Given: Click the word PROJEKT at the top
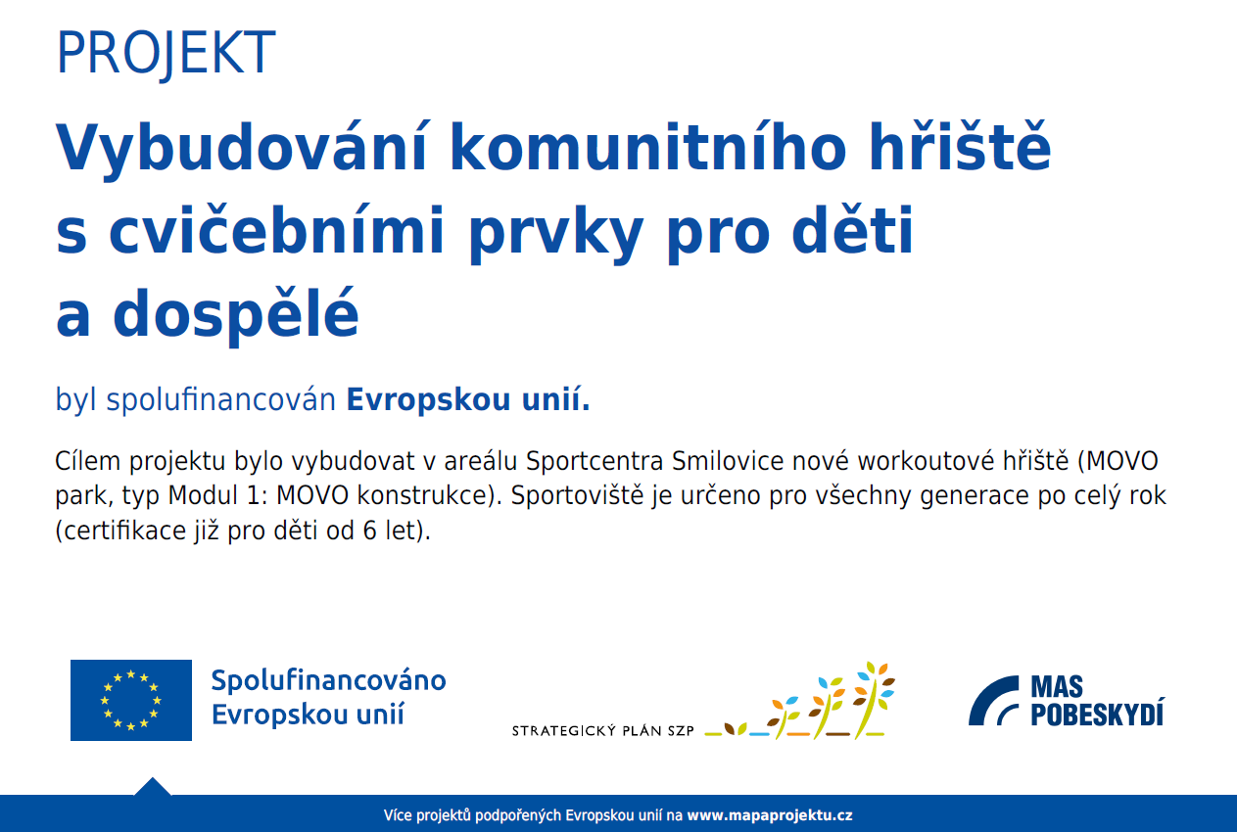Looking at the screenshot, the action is (x=166, y=54).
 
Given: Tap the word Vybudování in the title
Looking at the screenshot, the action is (x=241, y=148).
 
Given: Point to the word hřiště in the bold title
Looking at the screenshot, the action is (x=960, y=145).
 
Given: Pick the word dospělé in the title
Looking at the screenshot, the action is (x=236, y=314).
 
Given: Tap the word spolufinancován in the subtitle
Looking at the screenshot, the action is (x=221, y=400).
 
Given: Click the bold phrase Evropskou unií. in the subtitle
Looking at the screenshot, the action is (x=468, y=399).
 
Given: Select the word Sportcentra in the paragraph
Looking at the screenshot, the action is (x=594, y=461).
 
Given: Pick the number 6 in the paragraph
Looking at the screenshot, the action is (x=370, y=531).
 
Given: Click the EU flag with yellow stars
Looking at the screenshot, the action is (x=131, y=700).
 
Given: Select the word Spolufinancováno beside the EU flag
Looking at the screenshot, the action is (x=328, y=681).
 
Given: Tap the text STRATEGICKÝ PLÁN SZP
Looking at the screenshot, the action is (x=603, y=731).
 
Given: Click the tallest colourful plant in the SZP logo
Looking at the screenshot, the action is (x=874, y=700).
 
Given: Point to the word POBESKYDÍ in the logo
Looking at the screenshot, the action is (x=1097, y=714).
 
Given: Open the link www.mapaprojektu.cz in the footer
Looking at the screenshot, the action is (x=770, y=815).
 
